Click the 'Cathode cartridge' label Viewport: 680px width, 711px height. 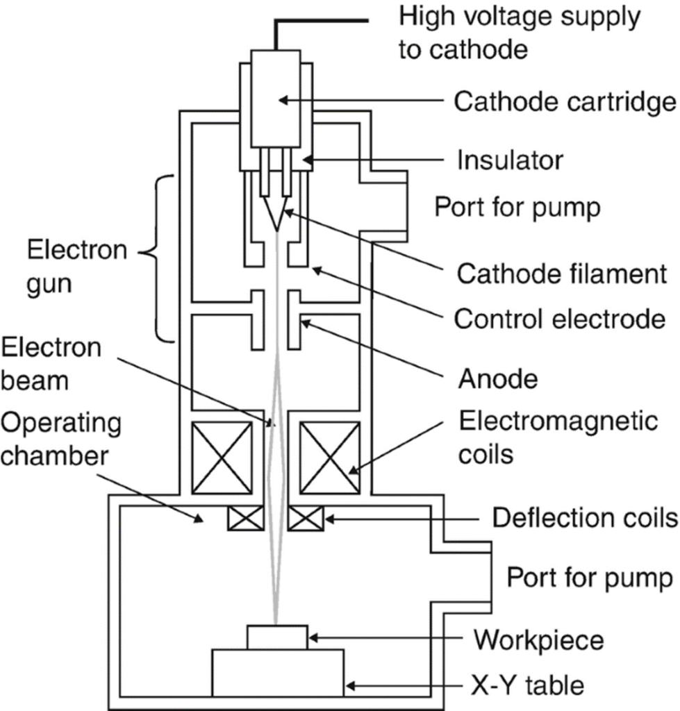(x=565, y=101)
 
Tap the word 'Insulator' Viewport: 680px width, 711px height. (x=510, y=160)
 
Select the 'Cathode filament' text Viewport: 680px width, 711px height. (x=562, y=274)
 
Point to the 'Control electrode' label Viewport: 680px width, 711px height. (x=560, y=319)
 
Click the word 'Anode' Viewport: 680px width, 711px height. (x=498, y=378)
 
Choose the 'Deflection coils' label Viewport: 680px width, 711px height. (x=586, y=517)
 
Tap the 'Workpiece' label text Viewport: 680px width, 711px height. (x=539, y=640)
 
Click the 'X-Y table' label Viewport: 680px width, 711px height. (x=528, y=685)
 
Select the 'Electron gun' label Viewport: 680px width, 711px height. (x=76, y=267)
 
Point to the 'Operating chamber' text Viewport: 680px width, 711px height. (x=61, y=439)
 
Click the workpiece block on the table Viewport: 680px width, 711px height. (x=277, y=637)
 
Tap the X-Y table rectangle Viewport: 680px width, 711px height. (x=278, y=673)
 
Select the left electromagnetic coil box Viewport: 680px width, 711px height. (x=222, y=458)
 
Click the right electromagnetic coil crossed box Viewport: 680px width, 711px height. (x=330, y=458)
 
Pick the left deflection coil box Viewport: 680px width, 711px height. (x=245, y=518)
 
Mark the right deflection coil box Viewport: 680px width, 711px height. (x=306, y=518)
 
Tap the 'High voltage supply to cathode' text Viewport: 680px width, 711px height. (x=520, y=33)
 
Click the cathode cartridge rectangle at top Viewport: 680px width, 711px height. (x=276, y=99)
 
